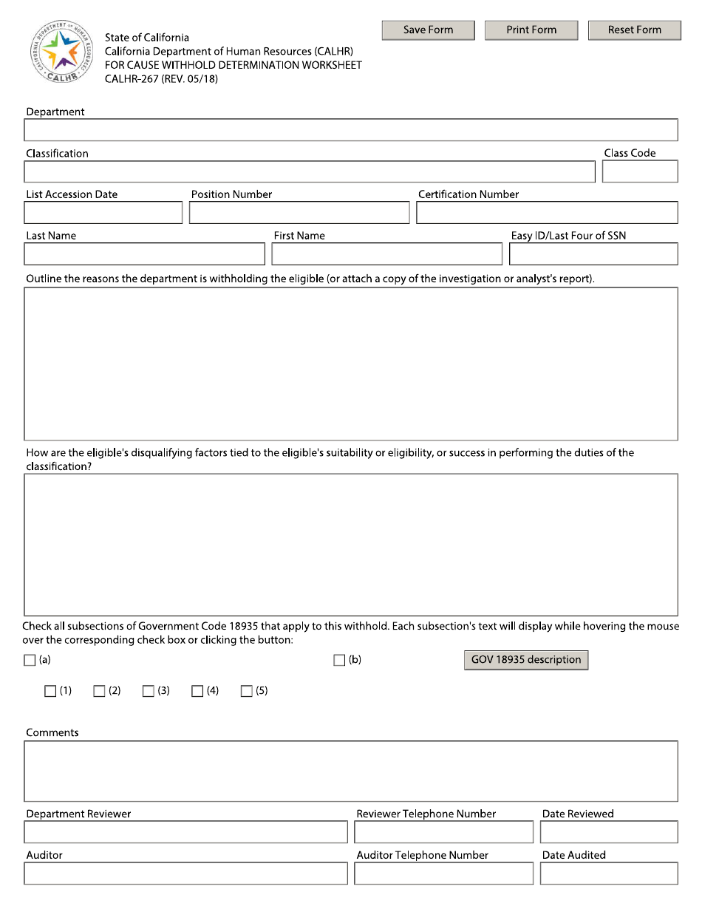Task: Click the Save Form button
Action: point(428,30)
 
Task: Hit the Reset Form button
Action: point(634,30)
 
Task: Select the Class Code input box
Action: point(639,171)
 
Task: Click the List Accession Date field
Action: point(103,213)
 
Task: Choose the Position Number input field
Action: point(299,213)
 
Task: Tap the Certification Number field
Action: point(546,213)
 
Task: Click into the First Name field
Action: point(386,254)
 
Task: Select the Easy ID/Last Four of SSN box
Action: point(593,254)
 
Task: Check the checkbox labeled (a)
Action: point(30,661)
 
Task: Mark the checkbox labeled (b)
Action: point(339,661)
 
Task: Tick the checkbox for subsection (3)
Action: point(149,692)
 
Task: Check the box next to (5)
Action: point(247,692)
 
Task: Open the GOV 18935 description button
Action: point(525,660)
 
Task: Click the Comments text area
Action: point(350,771)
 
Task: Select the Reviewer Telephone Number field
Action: point(443,832)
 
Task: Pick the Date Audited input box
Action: point(608,874)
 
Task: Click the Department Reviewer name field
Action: point(185,832)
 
